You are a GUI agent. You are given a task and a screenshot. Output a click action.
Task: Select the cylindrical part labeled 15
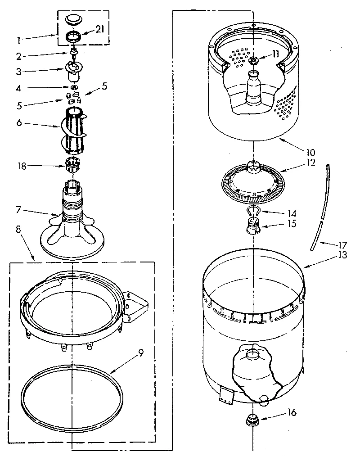point(254,224)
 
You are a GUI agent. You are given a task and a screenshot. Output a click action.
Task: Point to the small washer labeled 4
point(73,87)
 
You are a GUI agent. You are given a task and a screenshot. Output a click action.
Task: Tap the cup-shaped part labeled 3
point(73,70)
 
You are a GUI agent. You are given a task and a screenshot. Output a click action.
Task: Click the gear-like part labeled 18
point(72,167)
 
